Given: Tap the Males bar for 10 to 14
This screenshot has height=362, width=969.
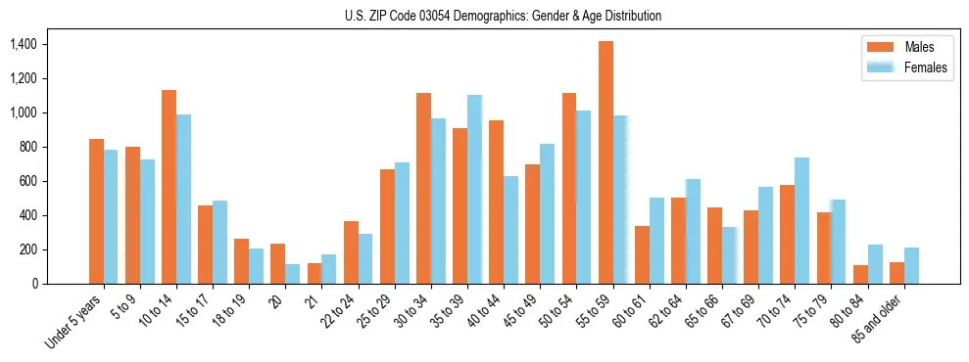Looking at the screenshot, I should (169, 187).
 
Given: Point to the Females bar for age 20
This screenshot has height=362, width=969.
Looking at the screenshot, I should (293, 274).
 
